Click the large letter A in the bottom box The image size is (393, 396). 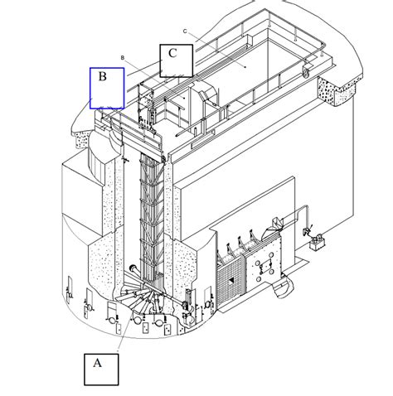click(97, 363)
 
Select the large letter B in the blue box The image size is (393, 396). click(103, 76)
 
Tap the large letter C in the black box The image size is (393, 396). click(172, 53)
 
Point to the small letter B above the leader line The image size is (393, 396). click(123, 58)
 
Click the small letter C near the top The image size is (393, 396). click(185, 31)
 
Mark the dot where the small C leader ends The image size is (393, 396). click(245, 67)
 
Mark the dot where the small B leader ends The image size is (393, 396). click(184, 98)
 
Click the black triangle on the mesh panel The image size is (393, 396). click(231, 280)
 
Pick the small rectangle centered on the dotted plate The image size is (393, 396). click(265, 266)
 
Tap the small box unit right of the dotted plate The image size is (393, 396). click(318, 243)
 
